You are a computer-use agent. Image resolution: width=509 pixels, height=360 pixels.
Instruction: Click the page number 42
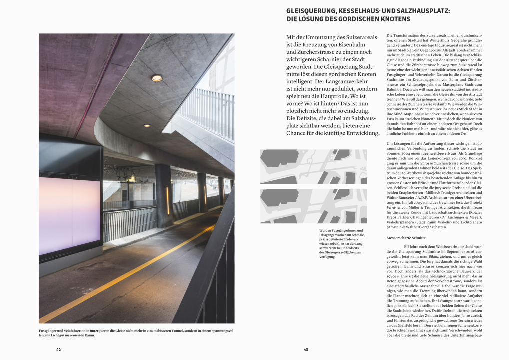pos(58,349)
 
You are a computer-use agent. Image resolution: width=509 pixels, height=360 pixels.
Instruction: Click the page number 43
pos(306,349)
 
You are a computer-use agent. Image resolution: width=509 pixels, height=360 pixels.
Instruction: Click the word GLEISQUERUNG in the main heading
pos(310,10)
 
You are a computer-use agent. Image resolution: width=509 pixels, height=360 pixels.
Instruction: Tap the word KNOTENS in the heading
pos(394,19)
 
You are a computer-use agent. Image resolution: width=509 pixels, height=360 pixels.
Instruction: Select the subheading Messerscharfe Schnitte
pos(406,238)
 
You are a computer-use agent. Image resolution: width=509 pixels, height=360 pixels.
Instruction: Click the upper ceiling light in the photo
pos(157,78)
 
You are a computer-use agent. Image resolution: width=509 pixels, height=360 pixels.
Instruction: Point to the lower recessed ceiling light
pos(147,125)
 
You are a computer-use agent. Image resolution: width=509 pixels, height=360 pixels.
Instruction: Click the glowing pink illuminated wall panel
pos(69,214)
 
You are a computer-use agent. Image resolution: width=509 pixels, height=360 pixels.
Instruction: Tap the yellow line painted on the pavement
pos(125,270)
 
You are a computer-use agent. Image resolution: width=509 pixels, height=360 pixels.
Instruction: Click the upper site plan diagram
pos(313,166)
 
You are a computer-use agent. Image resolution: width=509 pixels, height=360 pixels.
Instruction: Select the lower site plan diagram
pos(313,205)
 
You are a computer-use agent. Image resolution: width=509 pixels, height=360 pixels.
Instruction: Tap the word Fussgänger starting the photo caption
pos(48,330)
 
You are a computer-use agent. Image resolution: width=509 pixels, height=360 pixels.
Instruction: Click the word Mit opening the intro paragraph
pos(291,38)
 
